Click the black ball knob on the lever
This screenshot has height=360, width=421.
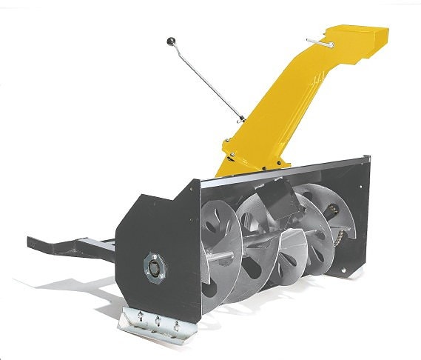pos(170,41)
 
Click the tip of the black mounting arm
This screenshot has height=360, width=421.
pos(33,241)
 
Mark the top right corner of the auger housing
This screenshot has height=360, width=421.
pos(367,157)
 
